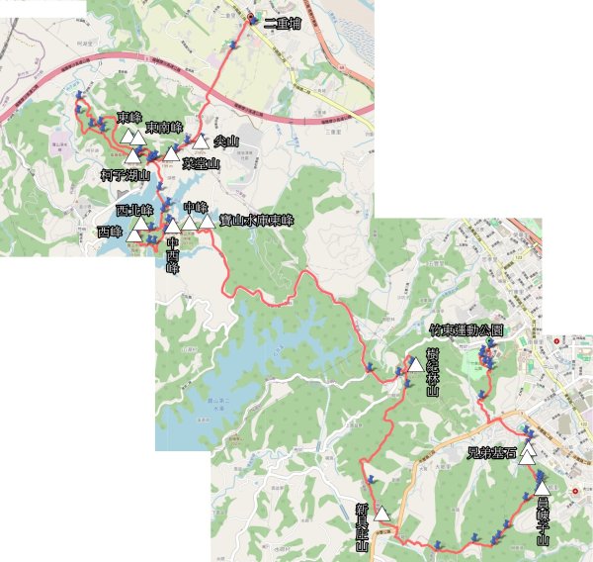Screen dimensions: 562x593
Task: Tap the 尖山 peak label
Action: tap(226, 141)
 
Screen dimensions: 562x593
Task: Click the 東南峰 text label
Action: tap(163, 127)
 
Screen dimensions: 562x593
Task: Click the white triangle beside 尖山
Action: tap(202, 142)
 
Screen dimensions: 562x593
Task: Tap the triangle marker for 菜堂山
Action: tap(172, 154)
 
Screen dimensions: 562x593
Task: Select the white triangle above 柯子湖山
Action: tap(132, 156)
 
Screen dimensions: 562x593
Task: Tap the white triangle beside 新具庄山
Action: tap(382, 514)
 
